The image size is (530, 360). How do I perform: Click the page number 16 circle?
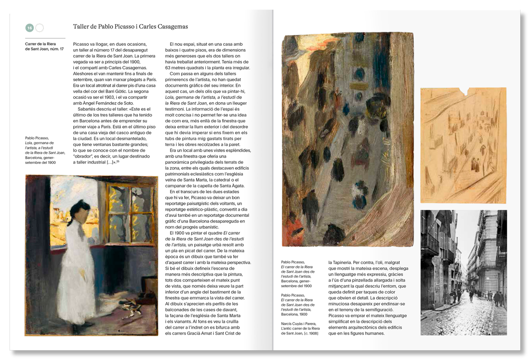click(29, 28)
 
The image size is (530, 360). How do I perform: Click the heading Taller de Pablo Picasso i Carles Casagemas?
click(130, 27)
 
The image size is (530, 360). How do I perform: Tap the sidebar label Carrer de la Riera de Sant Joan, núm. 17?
click(44, 46)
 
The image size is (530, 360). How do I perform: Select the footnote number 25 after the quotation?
click(118, 161)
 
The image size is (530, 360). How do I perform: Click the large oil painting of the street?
click(347, 140)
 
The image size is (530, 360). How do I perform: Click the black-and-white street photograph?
click(463, 272)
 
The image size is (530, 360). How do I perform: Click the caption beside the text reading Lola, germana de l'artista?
click(45, 150)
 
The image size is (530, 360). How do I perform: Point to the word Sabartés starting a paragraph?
click(87, 109)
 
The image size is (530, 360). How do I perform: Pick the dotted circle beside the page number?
click(40, 28)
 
